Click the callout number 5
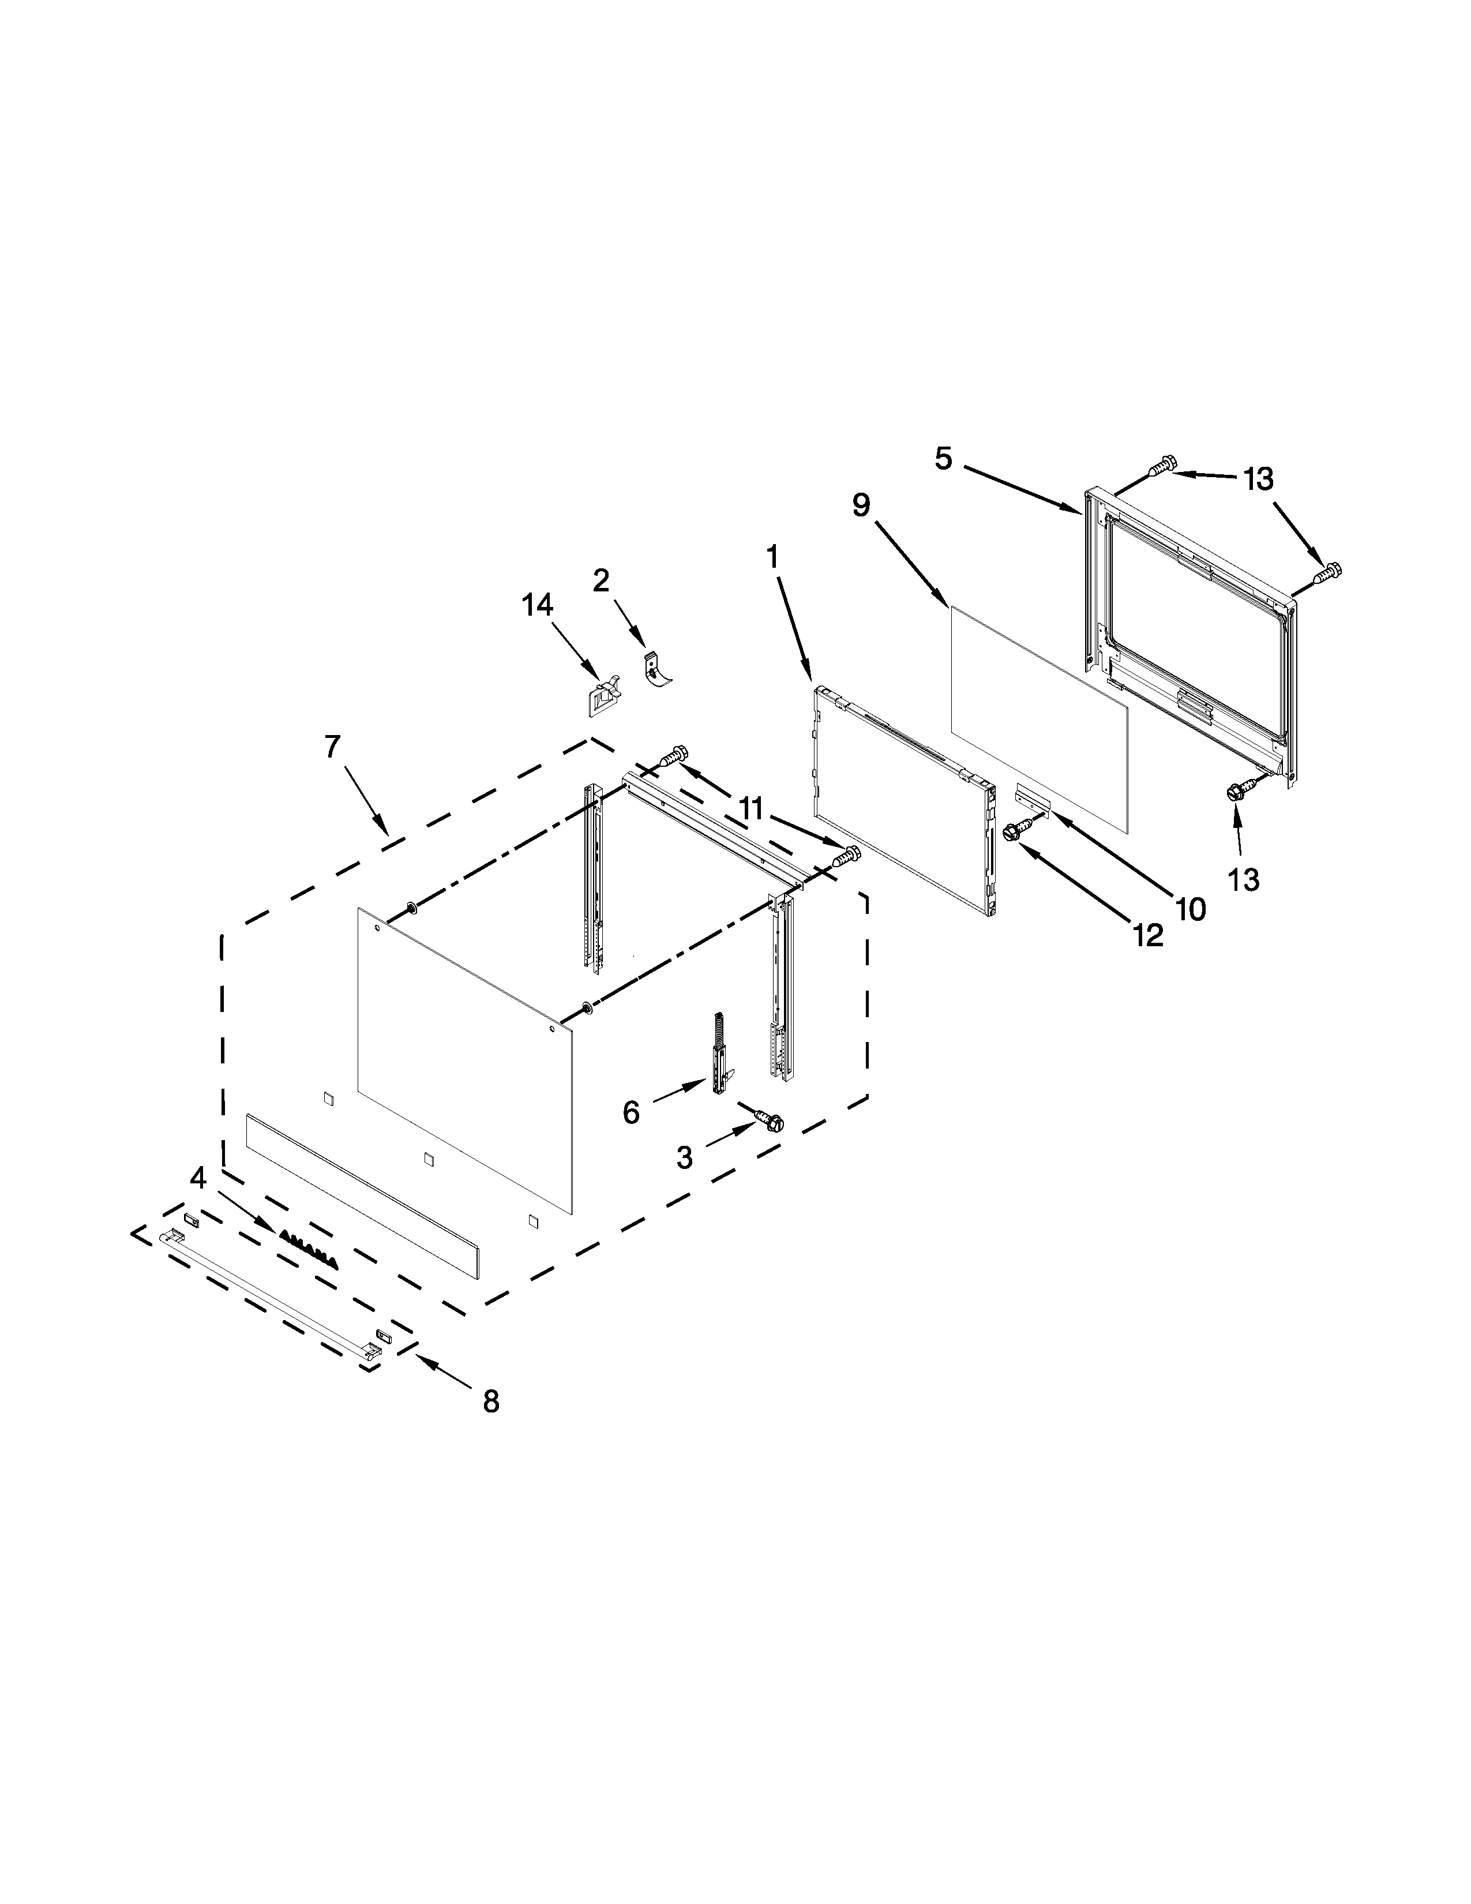944,459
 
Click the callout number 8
491,1401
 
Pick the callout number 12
1149,935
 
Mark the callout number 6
631,1112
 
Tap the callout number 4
198,1179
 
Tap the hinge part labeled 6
720,1051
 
